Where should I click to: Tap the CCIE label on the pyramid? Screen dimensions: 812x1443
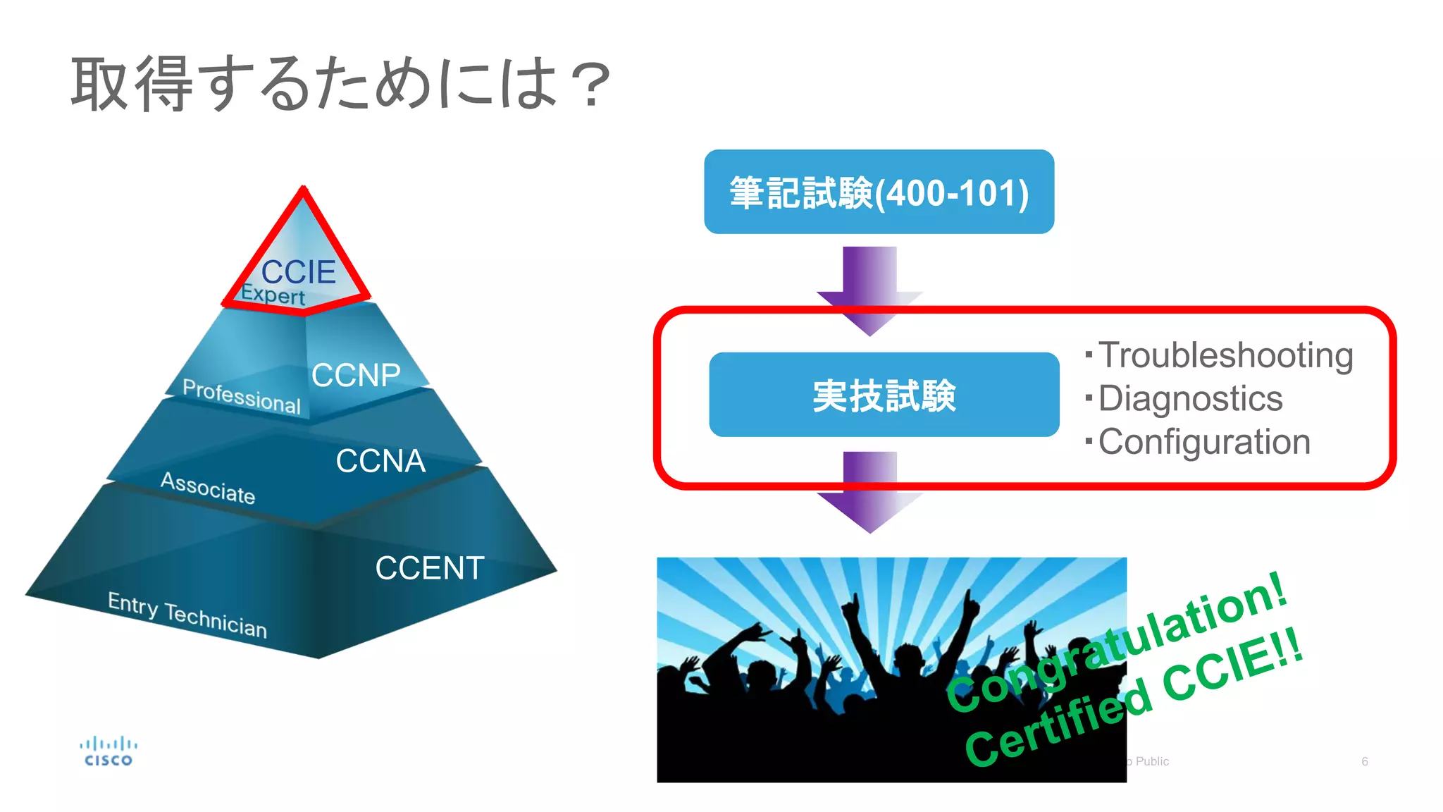coord(299,272)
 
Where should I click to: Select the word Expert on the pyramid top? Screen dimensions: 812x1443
coord(273,294)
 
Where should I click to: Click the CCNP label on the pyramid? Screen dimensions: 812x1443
coord(356,375)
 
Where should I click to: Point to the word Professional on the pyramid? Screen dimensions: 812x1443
coord(242,396)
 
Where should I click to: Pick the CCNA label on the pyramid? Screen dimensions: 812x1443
coord(380,461)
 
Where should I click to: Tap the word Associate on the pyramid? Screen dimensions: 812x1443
coord(208,488)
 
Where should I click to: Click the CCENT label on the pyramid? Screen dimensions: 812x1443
coord(429,568)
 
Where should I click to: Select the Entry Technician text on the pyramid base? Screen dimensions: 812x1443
coord(187,615)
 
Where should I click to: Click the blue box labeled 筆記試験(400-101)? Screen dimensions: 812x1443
coord(879,192)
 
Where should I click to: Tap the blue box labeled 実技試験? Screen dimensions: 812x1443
coord(884,395)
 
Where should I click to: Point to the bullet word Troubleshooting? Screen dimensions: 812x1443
coord(1225,355)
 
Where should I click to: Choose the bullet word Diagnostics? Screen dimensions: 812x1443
coord(1190,399)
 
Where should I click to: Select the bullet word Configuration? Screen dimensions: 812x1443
coord(1204,443)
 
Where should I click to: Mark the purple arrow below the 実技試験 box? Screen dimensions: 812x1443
coord(870,492)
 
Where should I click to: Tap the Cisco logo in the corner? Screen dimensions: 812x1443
coord(109,751)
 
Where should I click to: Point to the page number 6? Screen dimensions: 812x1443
coord(1365,761)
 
